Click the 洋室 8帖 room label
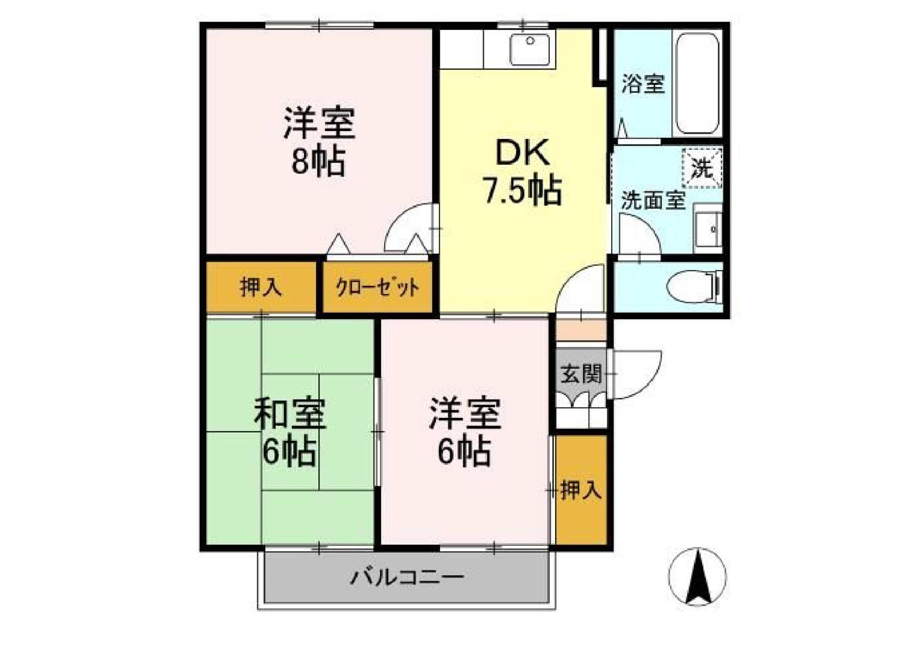[319, 142]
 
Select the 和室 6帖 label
[290, 432]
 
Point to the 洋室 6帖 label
[465, 432]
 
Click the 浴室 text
[643, 84]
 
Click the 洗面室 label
[653, 201]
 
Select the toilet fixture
[693, 287]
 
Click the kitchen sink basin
[530, 49]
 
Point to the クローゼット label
[378, 288]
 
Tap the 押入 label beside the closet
[260, 287]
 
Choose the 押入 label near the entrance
[581, 490]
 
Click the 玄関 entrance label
[581, 374]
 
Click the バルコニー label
[407, 577]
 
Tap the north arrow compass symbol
[697, 577]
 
